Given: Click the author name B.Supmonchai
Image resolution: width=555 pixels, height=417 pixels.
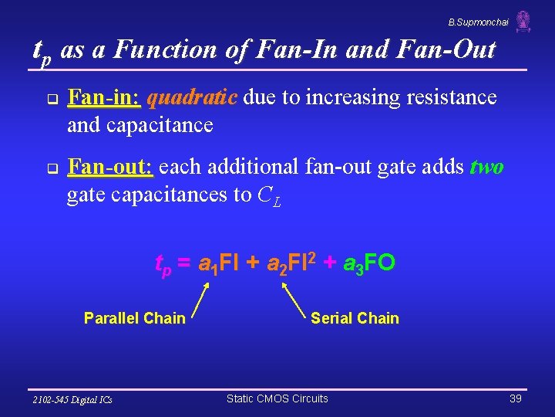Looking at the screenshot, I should pyautogui.click(x=478, y=22).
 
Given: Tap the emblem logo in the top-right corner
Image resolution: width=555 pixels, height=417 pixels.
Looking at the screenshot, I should pyautogui.click(x=523, y=21).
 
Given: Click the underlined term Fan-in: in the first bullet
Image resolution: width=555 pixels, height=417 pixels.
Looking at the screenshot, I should pyautogui.click(x=104, y=98).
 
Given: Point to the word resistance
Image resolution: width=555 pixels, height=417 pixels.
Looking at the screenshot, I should pyautogui.click(x=452, y=98).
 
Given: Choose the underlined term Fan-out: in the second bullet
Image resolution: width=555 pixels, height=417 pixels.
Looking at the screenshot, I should pyautogui.click(x=110, y=168).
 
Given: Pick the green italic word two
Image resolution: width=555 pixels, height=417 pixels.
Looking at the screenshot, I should pyautogui.click(x=486, y=168).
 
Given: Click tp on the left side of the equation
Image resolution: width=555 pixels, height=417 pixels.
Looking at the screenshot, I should pyautogui.click(x=163, y=265).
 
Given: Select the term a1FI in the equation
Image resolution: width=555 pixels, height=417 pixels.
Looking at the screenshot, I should pyautogui.click(x=218, y=264).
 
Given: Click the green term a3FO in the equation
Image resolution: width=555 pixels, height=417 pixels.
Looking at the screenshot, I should pyautogui.click(x=367, y=264).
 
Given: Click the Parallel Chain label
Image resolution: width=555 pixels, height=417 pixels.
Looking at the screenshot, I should pyautogui.click(x=134, y=318).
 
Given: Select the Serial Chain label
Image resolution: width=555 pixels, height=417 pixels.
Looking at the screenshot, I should pyautogui.click(x=355, y=318).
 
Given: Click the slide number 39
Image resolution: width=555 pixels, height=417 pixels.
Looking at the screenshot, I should pyautogui.click(x=515, y=398).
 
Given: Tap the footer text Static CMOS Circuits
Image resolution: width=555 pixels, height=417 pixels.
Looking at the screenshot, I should pyautogui.click(x=277, y=398).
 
